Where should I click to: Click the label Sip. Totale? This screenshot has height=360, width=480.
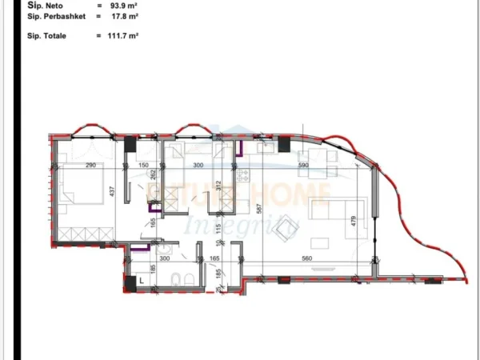46,36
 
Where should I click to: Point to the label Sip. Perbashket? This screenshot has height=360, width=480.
52,15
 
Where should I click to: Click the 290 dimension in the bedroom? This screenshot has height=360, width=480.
90,166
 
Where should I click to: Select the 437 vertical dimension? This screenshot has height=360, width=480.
113,192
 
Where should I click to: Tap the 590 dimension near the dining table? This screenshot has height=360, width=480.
303,166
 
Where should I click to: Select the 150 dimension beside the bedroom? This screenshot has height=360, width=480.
144,166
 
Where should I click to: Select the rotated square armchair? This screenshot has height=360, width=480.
284,230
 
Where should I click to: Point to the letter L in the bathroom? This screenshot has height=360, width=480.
142,281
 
